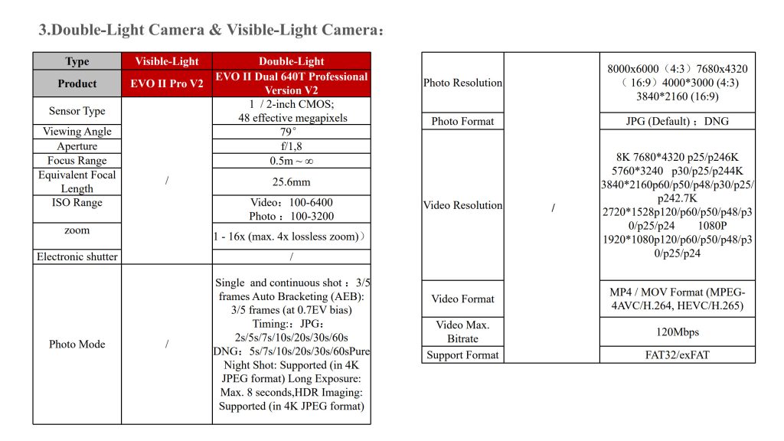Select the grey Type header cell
coord(77,61)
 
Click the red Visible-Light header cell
coord(167,61)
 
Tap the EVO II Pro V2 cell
coord(167,83)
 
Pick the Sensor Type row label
coord(77,111)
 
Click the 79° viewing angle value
coord(292,132)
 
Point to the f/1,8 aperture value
coord(292,146)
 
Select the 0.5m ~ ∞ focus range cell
coord(292,161)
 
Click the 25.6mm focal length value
coord(292,182)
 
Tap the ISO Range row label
coord(77,203)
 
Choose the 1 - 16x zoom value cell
coord(292,237)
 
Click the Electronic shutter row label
coord(77,256)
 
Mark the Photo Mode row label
coord(77,344)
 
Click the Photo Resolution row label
coord(462,83)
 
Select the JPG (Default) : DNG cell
coord(677,121)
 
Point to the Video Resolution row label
coord(462,205)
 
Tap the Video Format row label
coord(462,299)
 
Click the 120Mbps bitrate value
coord(677,332)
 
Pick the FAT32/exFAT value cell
coord(677,354)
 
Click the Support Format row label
coord(462,354)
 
